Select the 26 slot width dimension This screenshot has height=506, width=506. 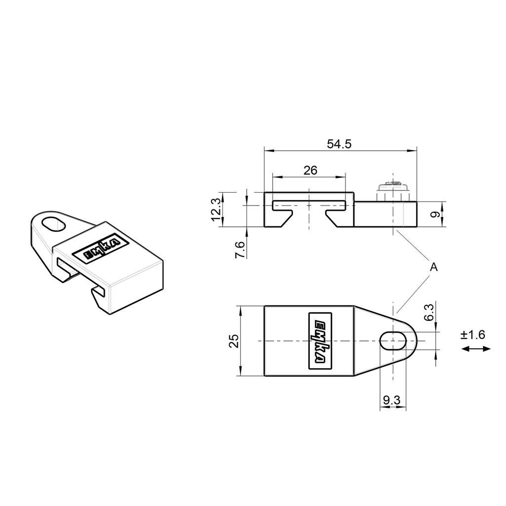[310, 170]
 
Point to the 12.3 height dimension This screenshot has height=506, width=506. [215, 209]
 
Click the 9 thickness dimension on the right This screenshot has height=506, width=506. [434, 214]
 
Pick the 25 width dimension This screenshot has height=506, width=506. [234, 341]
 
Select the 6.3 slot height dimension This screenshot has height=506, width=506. [429, 313]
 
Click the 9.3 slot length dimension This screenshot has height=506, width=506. [392, 401]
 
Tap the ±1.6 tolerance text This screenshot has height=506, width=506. [473, 335]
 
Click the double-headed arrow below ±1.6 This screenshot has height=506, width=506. [475, 349]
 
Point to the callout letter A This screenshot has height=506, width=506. [433, 267]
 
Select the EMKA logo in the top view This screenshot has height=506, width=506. [320, 341]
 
